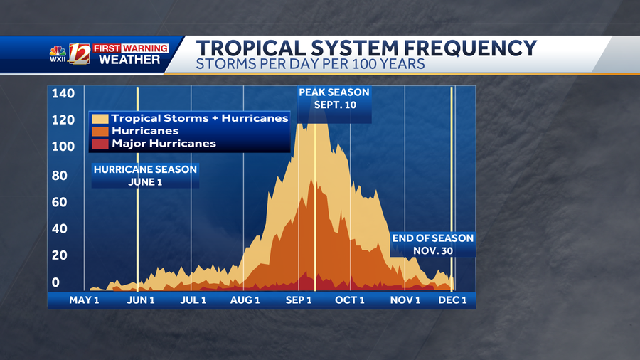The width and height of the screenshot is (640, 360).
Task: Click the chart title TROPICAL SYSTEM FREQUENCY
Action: [366, 48]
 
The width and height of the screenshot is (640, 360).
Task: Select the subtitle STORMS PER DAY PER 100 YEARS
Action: [311, 65]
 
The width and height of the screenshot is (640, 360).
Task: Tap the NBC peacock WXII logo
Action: [58, 54]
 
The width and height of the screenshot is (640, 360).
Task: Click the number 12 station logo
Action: [79, 54]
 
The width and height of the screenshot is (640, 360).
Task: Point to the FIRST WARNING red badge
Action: [130, 48]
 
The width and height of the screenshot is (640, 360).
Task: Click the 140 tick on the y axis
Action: [63, 94]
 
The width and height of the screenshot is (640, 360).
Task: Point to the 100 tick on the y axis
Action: [63, 147]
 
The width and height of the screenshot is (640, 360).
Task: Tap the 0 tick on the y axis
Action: [56, 282]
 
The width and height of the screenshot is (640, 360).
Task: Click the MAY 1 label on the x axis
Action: [84, 300]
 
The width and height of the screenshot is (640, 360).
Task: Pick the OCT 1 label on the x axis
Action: [349, 300]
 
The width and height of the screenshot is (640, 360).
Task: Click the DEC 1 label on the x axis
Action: [452, 300]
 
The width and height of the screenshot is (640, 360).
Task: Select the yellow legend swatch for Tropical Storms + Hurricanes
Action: [100, 118]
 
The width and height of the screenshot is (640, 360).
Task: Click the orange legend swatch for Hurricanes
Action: [100, 131]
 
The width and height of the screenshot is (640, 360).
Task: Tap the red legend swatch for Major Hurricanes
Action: [100, 144]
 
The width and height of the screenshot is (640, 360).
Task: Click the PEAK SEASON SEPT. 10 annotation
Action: [334, 99]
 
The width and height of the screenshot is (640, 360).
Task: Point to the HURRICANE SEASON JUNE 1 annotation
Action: [145, 175]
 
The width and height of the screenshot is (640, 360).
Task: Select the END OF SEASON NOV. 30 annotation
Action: [433, 245]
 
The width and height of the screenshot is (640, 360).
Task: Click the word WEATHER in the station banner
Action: [129, 60]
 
